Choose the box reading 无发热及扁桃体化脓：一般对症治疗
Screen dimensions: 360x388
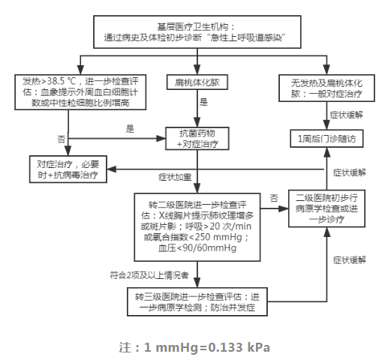click(x=327, y=85)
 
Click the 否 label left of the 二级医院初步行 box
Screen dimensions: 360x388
click(x=274, y=196)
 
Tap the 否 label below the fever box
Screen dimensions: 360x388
click(x=62, y=139)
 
